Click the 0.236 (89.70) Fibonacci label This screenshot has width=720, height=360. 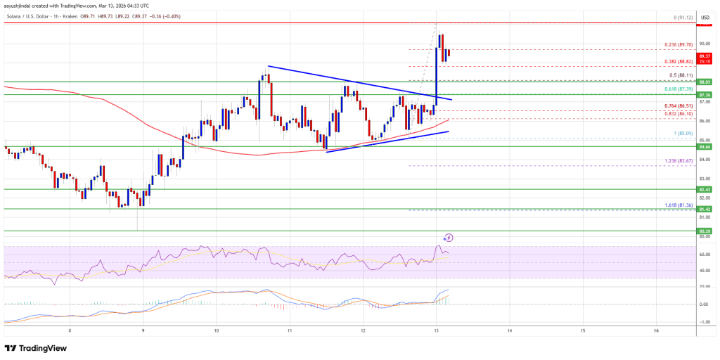click(680, 44)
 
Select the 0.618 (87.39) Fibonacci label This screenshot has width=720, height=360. click(679, 89)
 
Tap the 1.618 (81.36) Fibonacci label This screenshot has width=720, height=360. click(679, 205)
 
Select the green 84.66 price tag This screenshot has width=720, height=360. click(704, 147)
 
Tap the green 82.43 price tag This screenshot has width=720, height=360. click(704, 190)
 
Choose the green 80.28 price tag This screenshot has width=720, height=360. click(704, 230)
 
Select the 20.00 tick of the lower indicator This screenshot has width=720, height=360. click(703, 286)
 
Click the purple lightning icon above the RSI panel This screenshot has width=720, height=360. click(449, 238)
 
